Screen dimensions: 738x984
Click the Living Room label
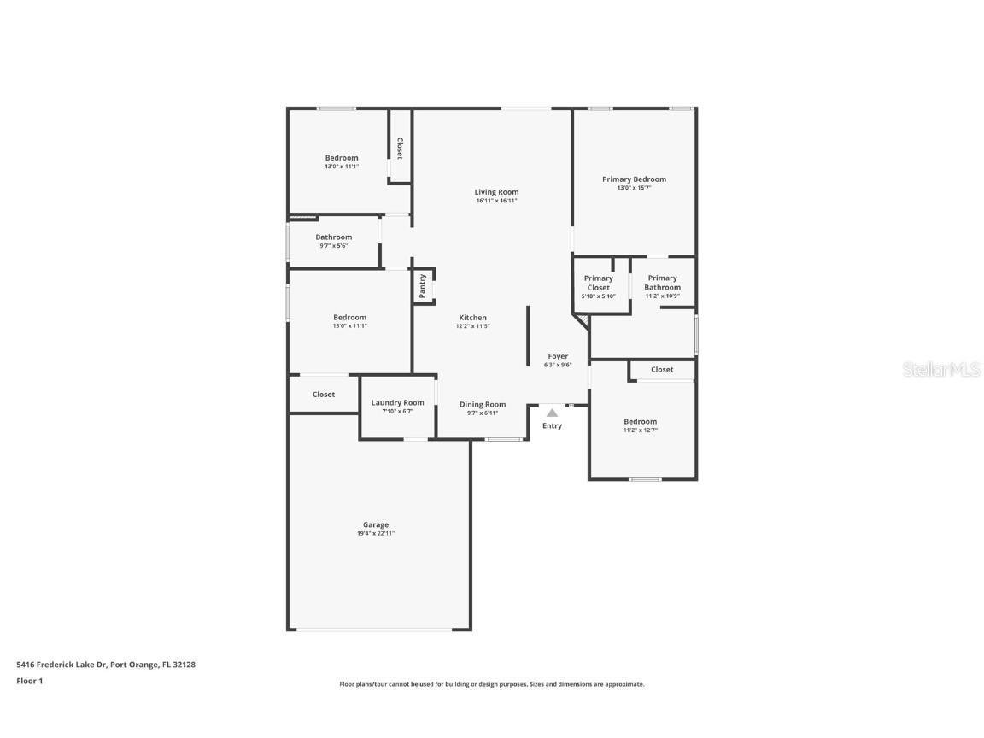pos(496,192)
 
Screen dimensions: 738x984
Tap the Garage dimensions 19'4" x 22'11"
pos(376,534)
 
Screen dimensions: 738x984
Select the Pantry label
pos(422,286)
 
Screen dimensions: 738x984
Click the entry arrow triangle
pos(552,413)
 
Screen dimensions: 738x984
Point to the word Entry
pos(553,425)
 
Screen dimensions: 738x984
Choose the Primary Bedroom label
pos(634,179)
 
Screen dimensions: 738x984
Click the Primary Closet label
pos(599,283)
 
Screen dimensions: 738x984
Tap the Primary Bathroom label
pos(662,283)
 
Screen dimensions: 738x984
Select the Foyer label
pos(558,356)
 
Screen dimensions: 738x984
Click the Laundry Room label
pos(397,403)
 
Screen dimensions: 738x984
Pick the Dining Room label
pos(483,405)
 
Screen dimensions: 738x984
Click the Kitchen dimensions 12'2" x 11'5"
pos(472,326)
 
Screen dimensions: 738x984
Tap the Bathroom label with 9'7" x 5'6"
pos(333,237)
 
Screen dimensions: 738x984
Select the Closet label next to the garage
pos(324,395)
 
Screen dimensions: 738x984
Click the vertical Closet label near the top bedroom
pos(399,149)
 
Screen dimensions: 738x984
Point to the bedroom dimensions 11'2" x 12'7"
pos(640,430)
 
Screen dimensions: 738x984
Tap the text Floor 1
pos(29,681)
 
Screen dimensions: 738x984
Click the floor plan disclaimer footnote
pos(492,684)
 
